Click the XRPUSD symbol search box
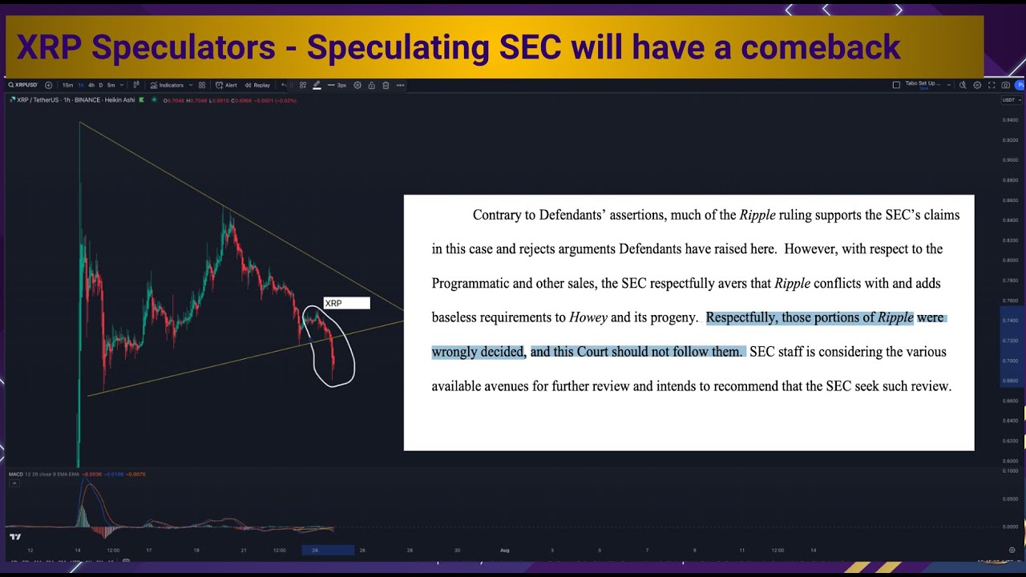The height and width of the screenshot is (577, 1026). (23, 85)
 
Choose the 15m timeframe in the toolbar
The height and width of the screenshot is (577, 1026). (67, 85)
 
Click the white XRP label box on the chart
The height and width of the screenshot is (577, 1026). (346, 303)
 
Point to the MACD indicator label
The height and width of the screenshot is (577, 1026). (15, 474)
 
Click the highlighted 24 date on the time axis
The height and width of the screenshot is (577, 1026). (315, 550)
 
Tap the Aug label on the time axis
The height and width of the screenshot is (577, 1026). (504, 550)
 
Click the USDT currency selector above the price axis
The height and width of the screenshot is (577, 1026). (1008, 100)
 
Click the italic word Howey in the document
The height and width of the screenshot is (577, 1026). (588, 317)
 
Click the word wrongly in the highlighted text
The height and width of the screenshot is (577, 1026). (454, 352)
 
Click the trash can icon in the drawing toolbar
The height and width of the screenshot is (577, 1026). (386, 85)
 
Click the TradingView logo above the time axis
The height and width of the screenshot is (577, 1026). (14, 536)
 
